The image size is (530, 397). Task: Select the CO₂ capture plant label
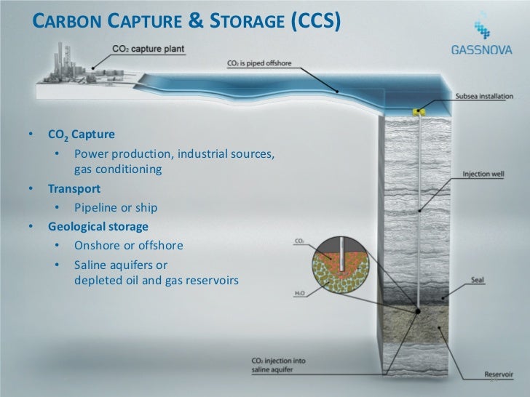(149, 49)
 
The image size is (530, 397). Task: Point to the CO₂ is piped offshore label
(259, 63)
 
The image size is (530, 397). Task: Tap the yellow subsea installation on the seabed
(419, 113)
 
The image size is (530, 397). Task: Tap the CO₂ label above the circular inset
(300, 240)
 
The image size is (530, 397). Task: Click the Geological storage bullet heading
(98, 226)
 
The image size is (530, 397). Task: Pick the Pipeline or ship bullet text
(116, 207)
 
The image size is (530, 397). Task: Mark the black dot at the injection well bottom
(418, 312)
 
